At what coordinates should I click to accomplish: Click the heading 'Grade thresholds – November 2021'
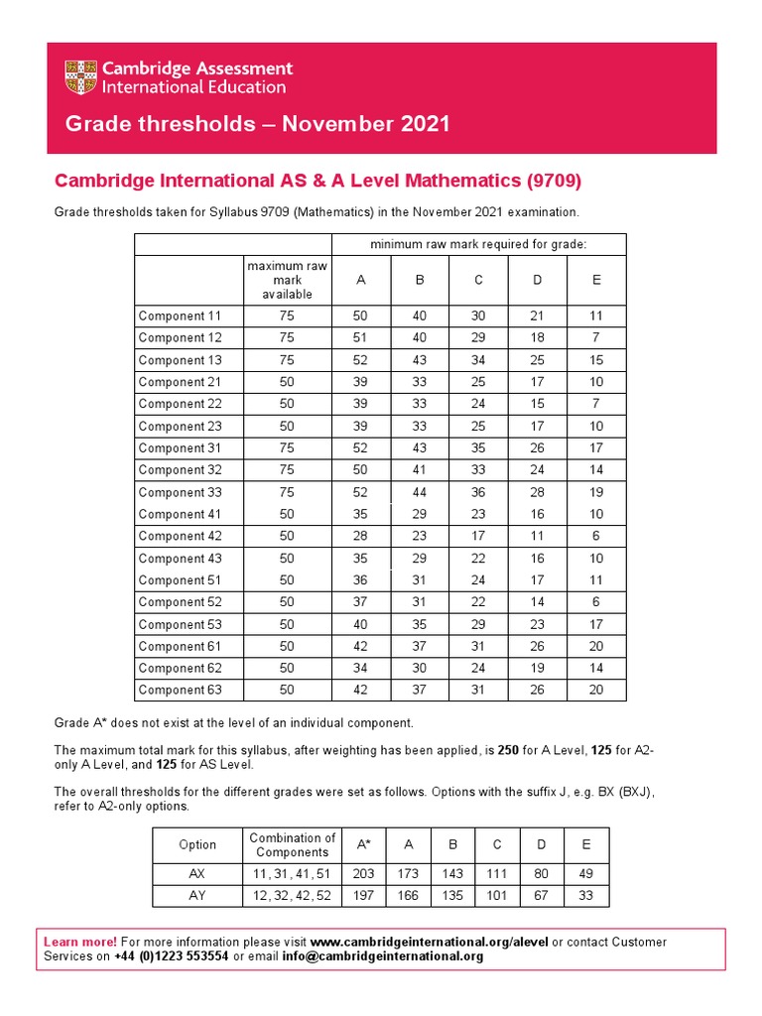point(257,124)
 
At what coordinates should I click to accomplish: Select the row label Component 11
point(180,317)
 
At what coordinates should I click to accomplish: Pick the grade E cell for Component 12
point(595,338)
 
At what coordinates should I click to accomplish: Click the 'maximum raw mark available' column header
point(287,280)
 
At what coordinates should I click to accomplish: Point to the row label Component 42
point(180,536)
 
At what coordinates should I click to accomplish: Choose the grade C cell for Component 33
point(478,492)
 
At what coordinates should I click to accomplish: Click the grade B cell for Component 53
point(419,624)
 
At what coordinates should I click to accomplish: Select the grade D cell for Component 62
point(537,668)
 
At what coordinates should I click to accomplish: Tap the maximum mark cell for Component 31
point(287,448)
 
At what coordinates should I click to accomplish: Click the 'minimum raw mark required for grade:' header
point(478,244)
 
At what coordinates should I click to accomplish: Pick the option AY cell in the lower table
point(196,896)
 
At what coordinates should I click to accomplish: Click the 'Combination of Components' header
point(292,844)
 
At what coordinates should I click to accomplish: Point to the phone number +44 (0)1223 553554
point(171,956)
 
